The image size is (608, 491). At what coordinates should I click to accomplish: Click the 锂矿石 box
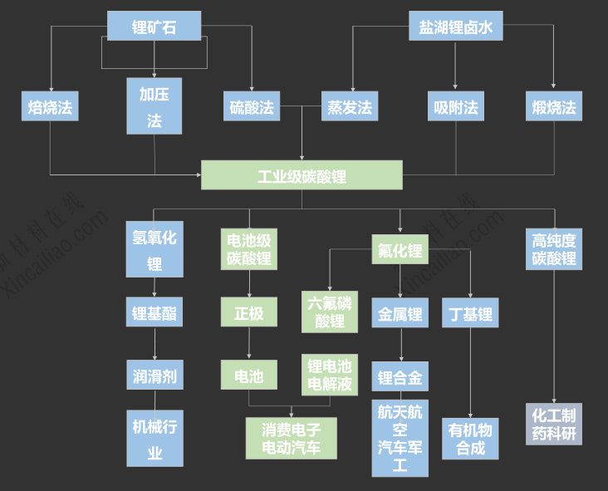[154, 26]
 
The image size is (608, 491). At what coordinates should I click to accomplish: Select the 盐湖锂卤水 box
[455, 26]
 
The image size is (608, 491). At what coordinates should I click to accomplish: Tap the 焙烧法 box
[50, 106]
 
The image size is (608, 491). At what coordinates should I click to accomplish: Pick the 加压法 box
[154, 106]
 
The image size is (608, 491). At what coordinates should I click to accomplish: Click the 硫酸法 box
[252, 106]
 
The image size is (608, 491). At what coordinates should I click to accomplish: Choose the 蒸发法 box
[350, 106]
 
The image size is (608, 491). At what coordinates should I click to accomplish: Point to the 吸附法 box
[456, 106]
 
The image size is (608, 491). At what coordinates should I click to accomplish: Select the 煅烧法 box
[554, 106]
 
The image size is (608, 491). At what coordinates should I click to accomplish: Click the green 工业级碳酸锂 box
[302, 175]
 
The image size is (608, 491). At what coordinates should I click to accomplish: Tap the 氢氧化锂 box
[154, 249]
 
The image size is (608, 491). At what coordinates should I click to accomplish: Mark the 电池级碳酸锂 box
[249, 249]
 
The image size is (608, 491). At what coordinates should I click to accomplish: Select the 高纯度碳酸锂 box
[554, 249]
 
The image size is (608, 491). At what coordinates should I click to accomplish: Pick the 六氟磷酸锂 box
[330, 312]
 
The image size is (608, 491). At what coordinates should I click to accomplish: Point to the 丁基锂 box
[470, 314]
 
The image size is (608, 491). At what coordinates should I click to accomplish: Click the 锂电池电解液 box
[330, 376]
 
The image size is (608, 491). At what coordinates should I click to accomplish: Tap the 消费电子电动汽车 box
[292, 438]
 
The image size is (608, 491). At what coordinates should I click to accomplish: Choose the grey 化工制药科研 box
[554, 424]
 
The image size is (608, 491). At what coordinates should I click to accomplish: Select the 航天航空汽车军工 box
[400, 439]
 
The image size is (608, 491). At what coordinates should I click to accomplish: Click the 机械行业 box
[154, 439]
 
